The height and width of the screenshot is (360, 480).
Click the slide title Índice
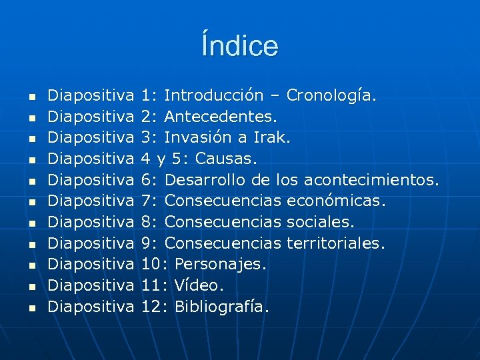(x=240, y=46)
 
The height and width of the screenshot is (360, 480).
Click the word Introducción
(x=220, y=95)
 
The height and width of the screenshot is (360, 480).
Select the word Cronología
(x=331, y=95)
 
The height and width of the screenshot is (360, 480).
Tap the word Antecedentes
(x=220, y=117)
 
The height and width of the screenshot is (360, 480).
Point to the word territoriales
(x=335, y=243)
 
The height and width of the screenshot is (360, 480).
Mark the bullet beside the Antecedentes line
(x=30, y=117)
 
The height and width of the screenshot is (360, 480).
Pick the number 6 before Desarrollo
(x=147, y=180)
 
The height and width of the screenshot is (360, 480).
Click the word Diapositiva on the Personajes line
(x=93, y=264)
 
